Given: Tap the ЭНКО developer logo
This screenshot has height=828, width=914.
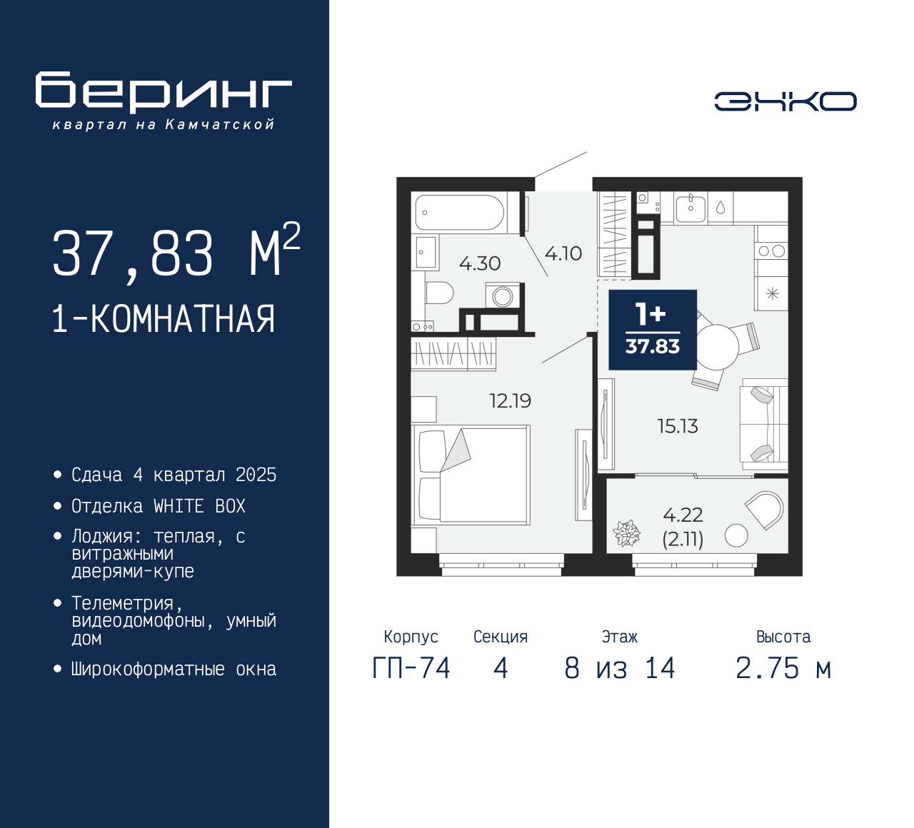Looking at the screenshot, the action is pos(785,101).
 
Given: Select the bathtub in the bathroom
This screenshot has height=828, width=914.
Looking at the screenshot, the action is pos(460,213).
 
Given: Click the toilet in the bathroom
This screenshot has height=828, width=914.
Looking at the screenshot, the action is pos(438,293).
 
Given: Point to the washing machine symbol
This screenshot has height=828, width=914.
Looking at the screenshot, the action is pos(502,296).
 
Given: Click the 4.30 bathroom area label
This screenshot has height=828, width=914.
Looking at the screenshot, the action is pos(479,263).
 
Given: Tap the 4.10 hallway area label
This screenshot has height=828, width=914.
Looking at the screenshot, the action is pos(563,253).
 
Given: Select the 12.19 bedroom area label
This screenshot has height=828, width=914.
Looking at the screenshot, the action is pos(511,400).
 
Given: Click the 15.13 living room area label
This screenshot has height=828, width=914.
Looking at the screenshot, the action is pos(678,426).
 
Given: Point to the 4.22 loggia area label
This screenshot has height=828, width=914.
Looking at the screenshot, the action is pos(683,515).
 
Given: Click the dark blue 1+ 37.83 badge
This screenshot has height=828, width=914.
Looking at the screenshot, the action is pos(653,329).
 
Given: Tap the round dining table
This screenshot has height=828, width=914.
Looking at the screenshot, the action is pos(716,347).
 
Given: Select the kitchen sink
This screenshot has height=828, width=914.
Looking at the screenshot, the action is pos(690,208).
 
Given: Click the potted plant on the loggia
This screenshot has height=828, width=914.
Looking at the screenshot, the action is pos(626,533).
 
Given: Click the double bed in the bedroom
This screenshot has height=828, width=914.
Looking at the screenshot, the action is pos(471,475).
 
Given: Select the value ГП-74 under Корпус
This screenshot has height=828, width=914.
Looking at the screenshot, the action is pos(411,668).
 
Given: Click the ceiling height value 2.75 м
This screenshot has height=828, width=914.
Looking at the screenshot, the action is pos(783,668).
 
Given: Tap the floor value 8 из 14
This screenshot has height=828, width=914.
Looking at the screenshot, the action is pos(619,668).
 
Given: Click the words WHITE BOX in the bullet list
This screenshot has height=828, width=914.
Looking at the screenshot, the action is pos(199,506).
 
